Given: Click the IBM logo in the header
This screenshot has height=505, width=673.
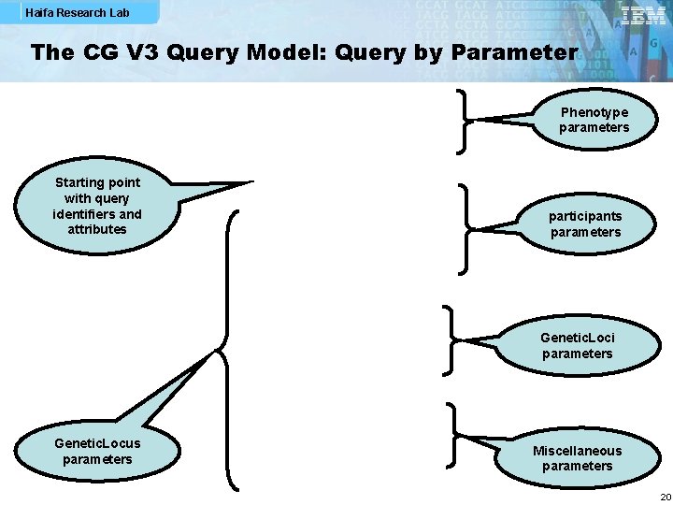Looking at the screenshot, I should [643, 16].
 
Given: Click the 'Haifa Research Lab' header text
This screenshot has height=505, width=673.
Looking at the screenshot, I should [79, 13].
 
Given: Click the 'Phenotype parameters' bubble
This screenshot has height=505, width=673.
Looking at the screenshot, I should [594, 121].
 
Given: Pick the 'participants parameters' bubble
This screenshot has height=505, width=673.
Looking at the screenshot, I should [585, 224].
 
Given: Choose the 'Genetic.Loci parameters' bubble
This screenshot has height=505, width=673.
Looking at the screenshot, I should [577, 345].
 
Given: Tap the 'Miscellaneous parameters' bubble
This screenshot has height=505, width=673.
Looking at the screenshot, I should [577, 458].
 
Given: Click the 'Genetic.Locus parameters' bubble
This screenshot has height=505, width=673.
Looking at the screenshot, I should [97, 451].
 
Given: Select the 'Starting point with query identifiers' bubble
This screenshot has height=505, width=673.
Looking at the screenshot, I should [97, 206].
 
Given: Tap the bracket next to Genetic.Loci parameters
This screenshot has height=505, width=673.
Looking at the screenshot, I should [452, 338].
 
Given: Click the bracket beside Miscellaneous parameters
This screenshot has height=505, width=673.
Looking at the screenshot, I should [452, 434].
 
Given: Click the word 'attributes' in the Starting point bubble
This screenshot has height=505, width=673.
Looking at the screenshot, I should [96, 229].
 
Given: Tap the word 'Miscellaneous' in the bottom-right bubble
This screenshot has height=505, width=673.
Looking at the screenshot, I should [577, 451].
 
